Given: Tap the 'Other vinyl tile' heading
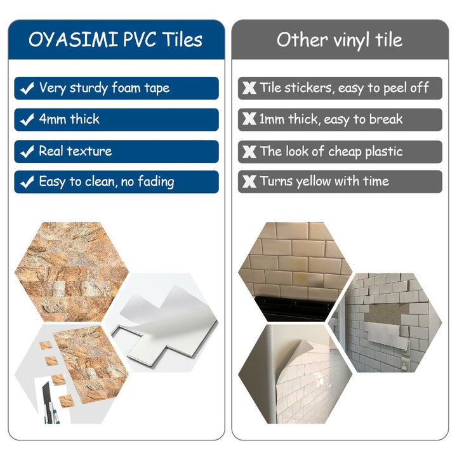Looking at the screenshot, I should [340, 39].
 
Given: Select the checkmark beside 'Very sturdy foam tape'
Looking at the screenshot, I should [27, 89].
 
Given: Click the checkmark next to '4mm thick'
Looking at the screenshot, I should [27, 120].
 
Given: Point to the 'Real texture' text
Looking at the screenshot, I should [75, 151].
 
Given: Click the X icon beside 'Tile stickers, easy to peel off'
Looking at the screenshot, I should [249, 88].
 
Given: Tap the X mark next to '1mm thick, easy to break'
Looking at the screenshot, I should [249, 119].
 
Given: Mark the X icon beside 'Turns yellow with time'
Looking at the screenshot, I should [249, 182].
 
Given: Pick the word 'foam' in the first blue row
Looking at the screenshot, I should [127, 88].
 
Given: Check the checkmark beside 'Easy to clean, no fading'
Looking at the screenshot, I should [27, 182].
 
